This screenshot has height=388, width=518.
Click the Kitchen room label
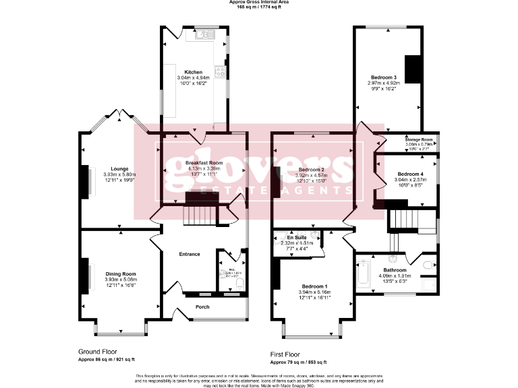194,72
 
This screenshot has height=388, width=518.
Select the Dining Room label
120,273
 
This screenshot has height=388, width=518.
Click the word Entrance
190,254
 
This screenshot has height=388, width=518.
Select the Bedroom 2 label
312,169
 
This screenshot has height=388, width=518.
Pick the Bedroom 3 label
383,77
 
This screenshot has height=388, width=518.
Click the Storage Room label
419,139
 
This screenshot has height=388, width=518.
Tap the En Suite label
297,238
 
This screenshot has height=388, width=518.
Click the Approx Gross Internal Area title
258,3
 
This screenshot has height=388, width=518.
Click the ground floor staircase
200,209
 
